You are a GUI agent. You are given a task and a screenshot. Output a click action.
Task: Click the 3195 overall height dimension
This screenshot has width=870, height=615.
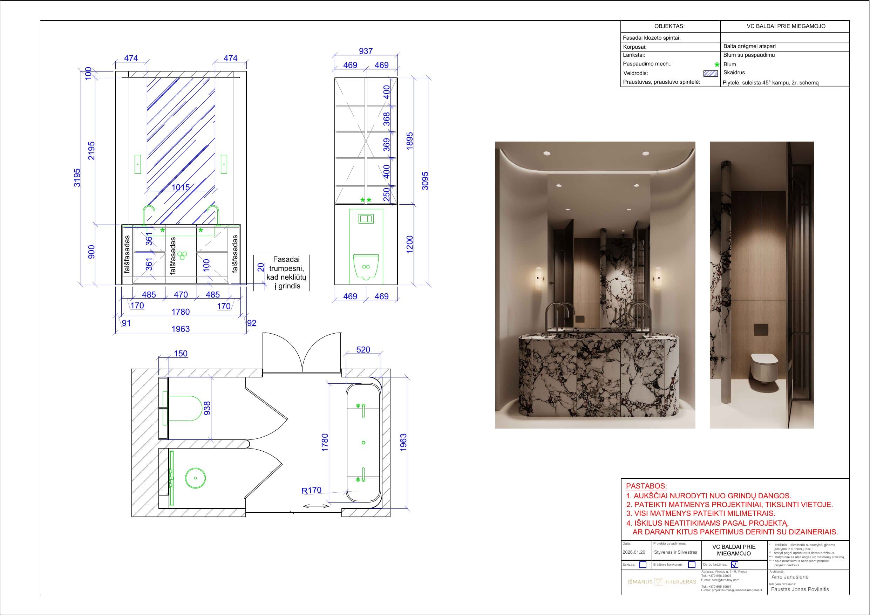pyautogui.click(x=77, y=177)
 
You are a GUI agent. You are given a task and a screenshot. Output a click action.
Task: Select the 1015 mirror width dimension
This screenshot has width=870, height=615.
pyautogui.click(x=181, y=187)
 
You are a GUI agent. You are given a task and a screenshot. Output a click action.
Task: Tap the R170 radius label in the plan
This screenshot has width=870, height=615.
pyautogui.click(x=311, y=490)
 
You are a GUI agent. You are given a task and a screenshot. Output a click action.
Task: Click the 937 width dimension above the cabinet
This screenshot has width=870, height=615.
pyautogui.click(x=366, y=51)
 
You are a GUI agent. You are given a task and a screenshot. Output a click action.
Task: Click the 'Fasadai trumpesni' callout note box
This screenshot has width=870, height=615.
pyautogui.click(x=281, y=273)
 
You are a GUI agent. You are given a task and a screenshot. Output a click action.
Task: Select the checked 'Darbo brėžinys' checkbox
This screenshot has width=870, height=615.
pyautogui.click(x=734, y=565)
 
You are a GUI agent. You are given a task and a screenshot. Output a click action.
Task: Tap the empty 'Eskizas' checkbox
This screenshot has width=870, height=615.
pyautogui.click(x=643, y=565)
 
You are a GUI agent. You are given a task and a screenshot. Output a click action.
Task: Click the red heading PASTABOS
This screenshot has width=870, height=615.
pyautogui.click(x=646, y=486)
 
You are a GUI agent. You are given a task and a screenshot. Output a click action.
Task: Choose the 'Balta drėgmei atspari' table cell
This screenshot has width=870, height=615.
pyautogui.click(x=749, y=46)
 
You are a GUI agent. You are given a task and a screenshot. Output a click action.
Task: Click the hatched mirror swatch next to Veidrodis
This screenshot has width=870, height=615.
pyautogui.click(x=710, y=74)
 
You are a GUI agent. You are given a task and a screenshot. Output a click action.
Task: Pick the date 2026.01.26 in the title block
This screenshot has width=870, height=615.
pyautogui.click(x=633, y=552)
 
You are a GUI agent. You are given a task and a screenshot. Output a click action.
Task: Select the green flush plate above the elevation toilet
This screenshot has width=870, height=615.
pyautogui.click(x=366, y=219)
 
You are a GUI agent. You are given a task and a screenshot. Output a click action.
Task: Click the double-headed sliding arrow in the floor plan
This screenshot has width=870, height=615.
pyautogui.click(x=315, y=506)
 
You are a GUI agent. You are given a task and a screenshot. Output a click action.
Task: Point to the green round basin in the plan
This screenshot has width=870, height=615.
pyautogui.click(x=196, y=478)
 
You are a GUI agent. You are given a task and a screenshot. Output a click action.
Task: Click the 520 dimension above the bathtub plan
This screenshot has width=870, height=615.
pyautogui.click(x=363, y=349)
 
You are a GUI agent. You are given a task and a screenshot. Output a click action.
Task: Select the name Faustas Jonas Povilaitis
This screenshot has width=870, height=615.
pyautogui.click(x=800, y=589)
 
